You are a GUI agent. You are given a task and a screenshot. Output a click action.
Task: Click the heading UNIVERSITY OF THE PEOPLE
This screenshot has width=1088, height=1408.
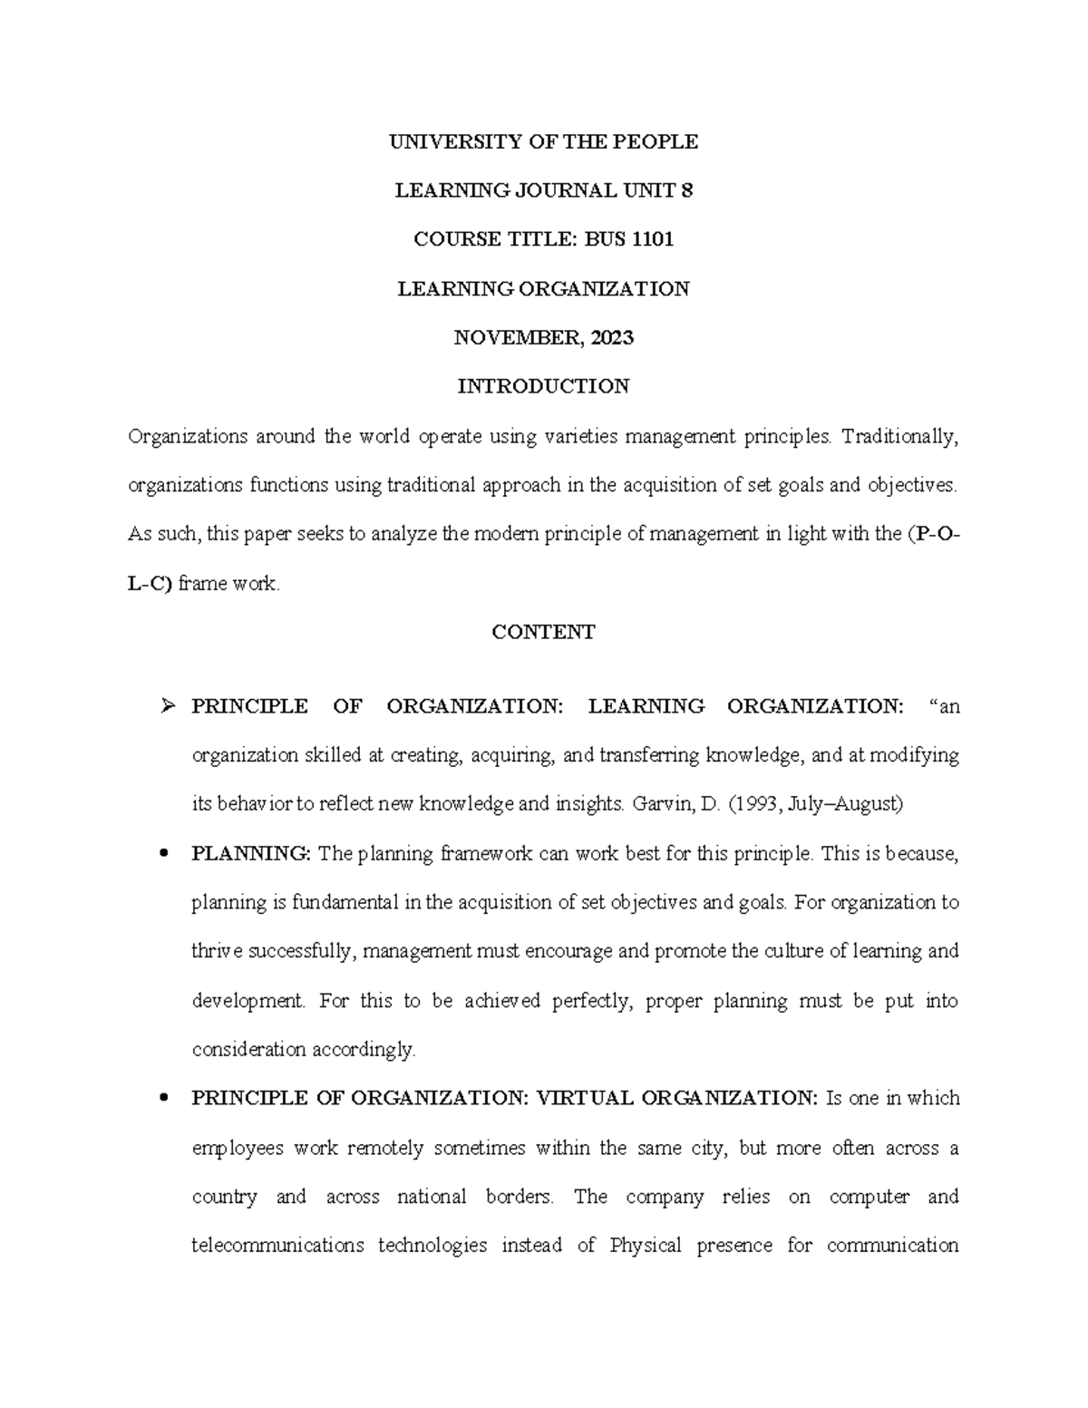point(543,141)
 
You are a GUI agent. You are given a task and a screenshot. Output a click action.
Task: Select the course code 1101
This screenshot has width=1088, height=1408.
point(652,239)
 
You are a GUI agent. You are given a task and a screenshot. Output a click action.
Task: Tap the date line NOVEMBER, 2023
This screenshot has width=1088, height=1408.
point(543,338)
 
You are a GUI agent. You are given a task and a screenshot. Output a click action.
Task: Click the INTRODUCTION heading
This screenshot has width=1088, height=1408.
point(543,387)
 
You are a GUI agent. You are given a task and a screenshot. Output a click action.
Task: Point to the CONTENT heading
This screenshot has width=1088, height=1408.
point(543,633)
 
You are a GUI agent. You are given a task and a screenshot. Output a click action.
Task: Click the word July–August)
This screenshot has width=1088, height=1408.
point(846,804)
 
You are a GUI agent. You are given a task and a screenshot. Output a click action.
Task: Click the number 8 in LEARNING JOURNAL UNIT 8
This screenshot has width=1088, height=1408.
point(686,190)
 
